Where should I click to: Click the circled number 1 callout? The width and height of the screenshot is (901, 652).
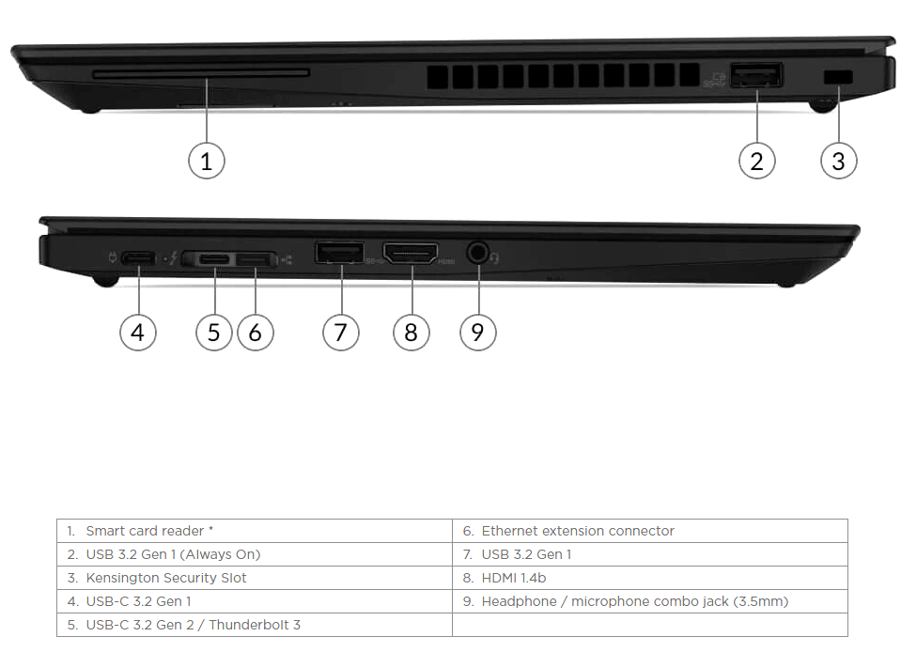[x=207, y=161]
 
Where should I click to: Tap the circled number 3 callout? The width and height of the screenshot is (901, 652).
[x=838, y=161]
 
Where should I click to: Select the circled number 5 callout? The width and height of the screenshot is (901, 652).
[x=214, y=332]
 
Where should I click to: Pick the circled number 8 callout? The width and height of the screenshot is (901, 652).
[x=411, y=332]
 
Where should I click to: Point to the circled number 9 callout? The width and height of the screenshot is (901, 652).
[x=478, y=332]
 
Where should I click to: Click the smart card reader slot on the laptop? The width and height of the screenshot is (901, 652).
[x=200, y=73]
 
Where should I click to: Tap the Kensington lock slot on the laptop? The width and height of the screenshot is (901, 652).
[x=838, y=77]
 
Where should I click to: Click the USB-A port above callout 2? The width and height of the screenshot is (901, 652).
[x=756, y=75]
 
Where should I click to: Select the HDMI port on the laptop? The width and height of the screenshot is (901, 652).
[x=411, y=253]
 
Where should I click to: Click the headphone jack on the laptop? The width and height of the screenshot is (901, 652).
[x=478, y=253]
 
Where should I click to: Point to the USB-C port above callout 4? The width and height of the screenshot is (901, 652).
[x=138, y=258]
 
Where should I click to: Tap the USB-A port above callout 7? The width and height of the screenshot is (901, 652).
[x=339, y=253]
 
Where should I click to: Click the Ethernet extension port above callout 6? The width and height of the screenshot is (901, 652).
[x=256, y=259]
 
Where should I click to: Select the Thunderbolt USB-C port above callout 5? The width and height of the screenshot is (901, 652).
[x=214, y=259]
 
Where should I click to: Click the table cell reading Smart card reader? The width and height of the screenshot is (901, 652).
[x=255, y=531]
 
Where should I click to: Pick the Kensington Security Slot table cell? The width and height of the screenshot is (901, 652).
[x=255, y=578]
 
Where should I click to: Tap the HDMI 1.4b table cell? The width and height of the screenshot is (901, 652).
[x=650, y=578]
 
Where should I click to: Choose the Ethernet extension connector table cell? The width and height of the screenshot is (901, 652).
[x=650, y=531]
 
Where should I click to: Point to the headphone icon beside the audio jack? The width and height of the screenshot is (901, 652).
[x=495, y=259]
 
